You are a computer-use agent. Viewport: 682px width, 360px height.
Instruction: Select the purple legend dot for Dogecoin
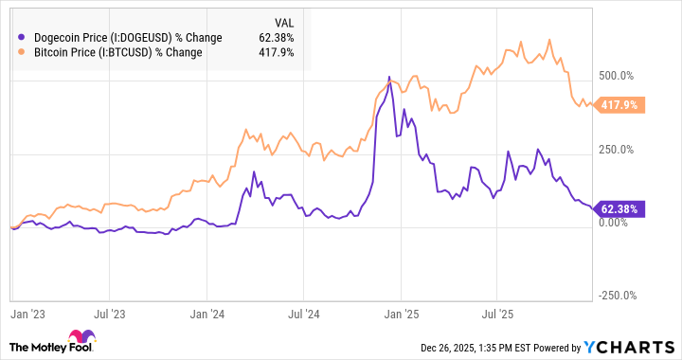[x=22, y=38]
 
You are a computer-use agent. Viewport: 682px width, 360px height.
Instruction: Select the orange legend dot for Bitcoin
[x=22, y=53]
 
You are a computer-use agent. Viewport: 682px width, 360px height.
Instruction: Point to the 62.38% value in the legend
[x=275, y=38]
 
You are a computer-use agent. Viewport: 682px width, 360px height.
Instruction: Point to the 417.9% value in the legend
[x=277, y=53]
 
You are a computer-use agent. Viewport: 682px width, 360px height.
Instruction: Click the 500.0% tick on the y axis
[x=618, y=76]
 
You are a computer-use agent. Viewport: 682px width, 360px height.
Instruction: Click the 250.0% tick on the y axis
[x=618, y=150]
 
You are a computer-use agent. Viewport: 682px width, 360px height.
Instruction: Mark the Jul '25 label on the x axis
[x=500, y=311]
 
